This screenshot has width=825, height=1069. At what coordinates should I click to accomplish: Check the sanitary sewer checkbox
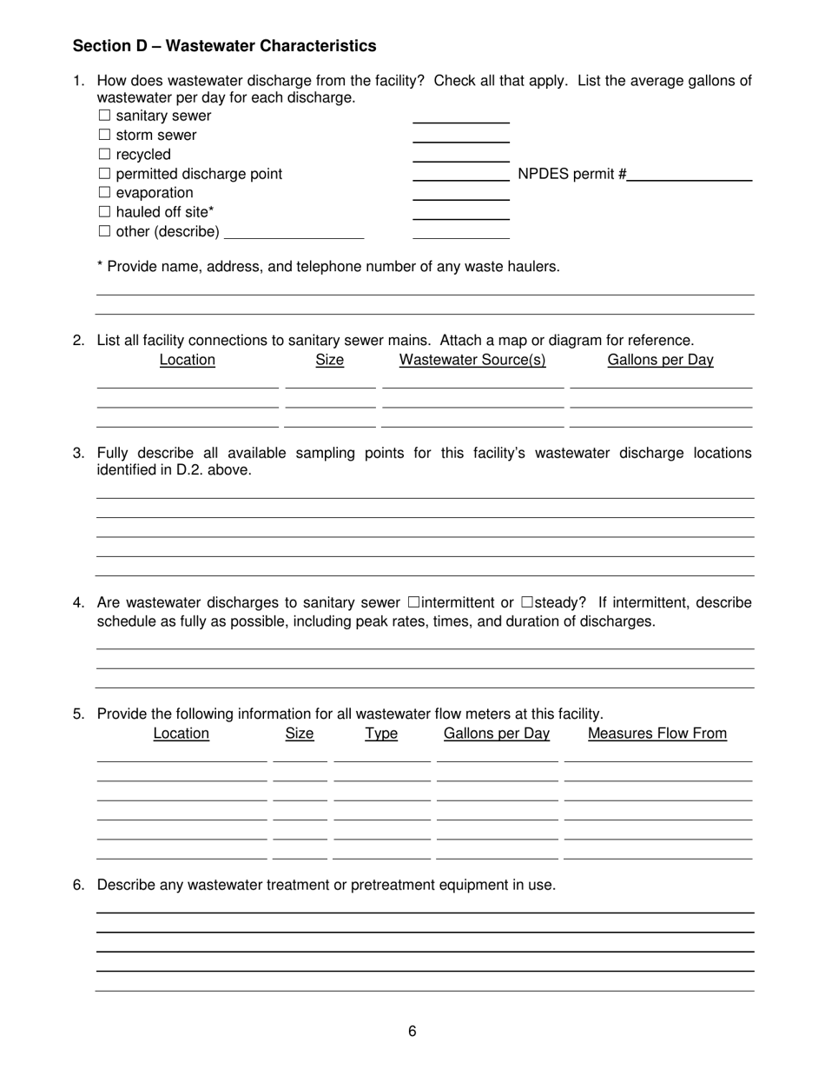[104, 116]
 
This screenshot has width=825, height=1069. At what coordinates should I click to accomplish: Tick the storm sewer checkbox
[104, 135]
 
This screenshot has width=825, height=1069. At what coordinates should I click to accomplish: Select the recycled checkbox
[104, 155]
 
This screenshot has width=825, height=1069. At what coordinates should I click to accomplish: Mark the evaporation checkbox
[104, 193]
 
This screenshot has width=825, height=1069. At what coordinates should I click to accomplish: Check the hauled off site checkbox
[104, 212]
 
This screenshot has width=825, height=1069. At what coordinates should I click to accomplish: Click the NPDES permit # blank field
[690, 174]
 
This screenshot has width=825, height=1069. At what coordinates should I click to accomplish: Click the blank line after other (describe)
[294, 232]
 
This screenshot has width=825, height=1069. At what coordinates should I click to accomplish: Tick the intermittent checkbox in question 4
[413, 602]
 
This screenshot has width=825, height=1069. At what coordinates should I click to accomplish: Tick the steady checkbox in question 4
[527, 602]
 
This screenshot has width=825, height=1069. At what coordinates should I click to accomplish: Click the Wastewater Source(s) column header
[472, 360]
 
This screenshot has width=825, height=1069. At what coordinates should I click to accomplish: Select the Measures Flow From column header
[657, 734]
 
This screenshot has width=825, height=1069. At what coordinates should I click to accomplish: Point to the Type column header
[381, 734]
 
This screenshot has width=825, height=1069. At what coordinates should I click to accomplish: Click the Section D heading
[224, 46]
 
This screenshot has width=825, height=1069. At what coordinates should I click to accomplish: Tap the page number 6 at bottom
[412, 1032]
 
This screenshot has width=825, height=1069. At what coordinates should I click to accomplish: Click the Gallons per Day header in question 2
[660, 360]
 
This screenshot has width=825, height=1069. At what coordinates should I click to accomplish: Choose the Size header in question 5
[300, 734]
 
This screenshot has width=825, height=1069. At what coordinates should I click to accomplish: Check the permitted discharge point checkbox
[104, 174]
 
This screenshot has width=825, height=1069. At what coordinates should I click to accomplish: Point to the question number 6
[78, 885]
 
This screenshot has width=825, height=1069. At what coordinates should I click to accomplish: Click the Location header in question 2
[188, 360]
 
